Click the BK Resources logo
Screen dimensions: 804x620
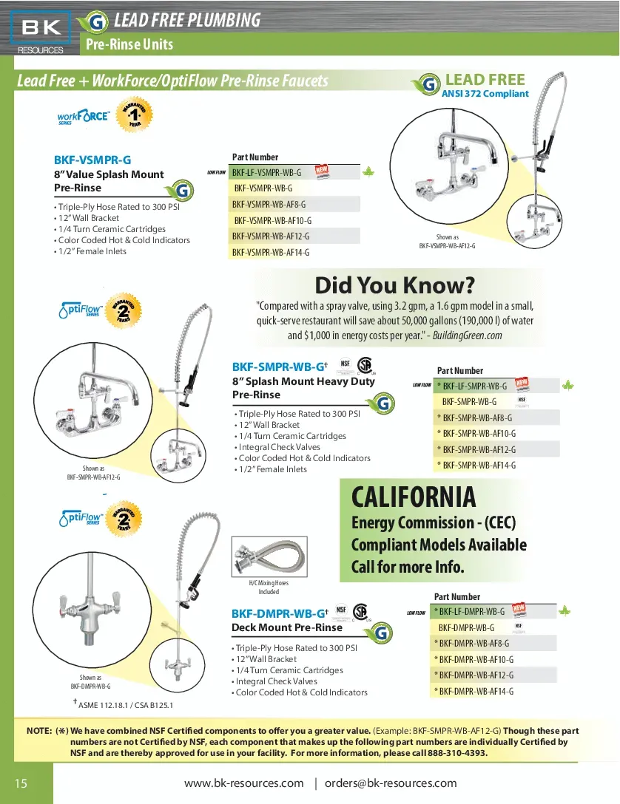pos(41,33)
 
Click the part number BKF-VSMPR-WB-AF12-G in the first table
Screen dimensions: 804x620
pos(271,236)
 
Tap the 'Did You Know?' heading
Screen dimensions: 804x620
pos(394,285)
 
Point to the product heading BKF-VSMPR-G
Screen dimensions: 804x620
pos(92,160)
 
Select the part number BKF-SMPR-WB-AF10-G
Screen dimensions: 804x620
pos(479,434)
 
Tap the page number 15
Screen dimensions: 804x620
pos(21,783)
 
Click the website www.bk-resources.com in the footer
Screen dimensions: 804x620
pos(243,783)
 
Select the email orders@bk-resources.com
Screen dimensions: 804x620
pos(391,783)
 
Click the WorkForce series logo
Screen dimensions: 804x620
pos(83,117)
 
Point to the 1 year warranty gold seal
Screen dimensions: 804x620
pos(134,117)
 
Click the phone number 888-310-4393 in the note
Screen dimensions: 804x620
pos(458,753)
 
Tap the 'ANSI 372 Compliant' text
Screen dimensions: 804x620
pos(485,94)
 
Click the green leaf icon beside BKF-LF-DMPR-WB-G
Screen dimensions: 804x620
pos(565,611)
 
